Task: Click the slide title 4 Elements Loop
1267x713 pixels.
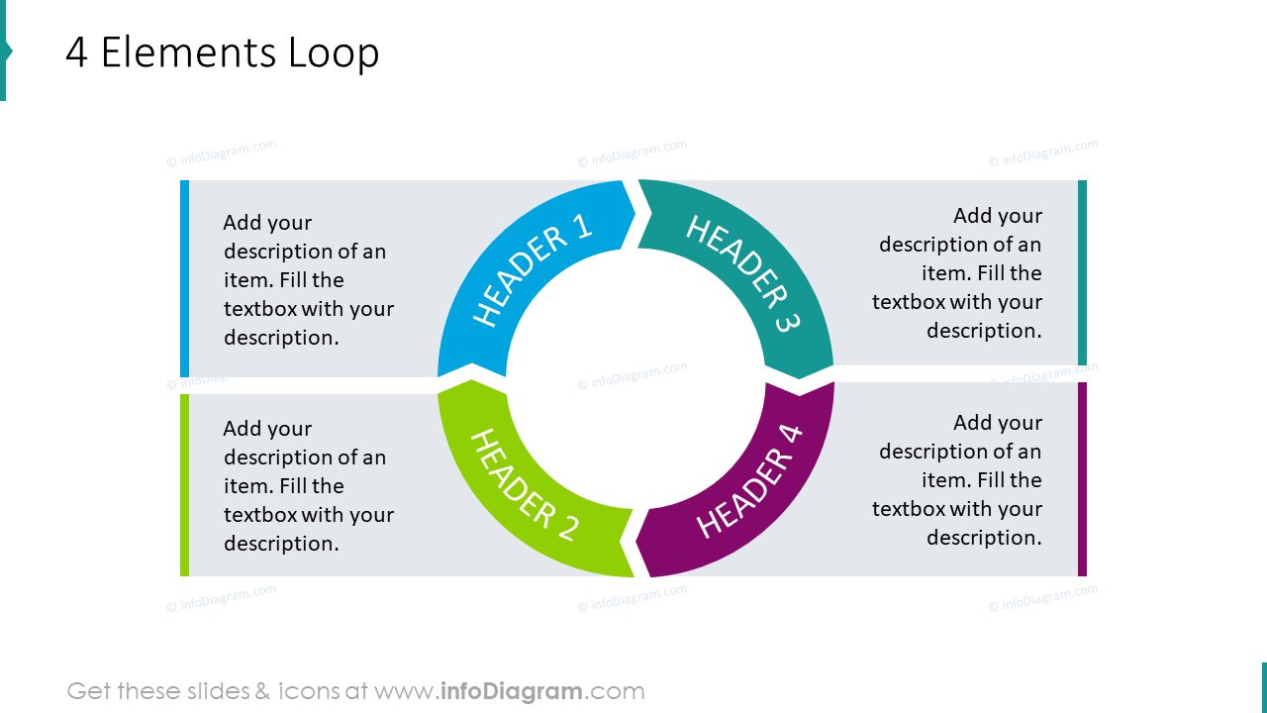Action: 222,52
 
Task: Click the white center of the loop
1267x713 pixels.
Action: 635,378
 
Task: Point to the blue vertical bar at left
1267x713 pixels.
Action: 184,278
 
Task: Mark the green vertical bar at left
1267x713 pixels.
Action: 184,484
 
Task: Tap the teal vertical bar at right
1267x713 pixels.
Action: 1082,272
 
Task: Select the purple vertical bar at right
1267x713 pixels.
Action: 1082,479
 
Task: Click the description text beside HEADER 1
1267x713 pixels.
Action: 308,280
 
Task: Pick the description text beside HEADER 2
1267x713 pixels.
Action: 308,486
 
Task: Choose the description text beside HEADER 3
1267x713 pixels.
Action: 957,273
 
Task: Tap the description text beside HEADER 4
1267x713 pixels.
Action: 957,480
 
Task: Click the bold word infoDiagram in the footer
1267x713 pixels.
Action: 510,691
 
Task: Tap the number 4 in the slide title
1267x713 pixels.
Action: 76,52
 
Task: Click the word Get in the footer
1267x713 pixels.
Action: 89,691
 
